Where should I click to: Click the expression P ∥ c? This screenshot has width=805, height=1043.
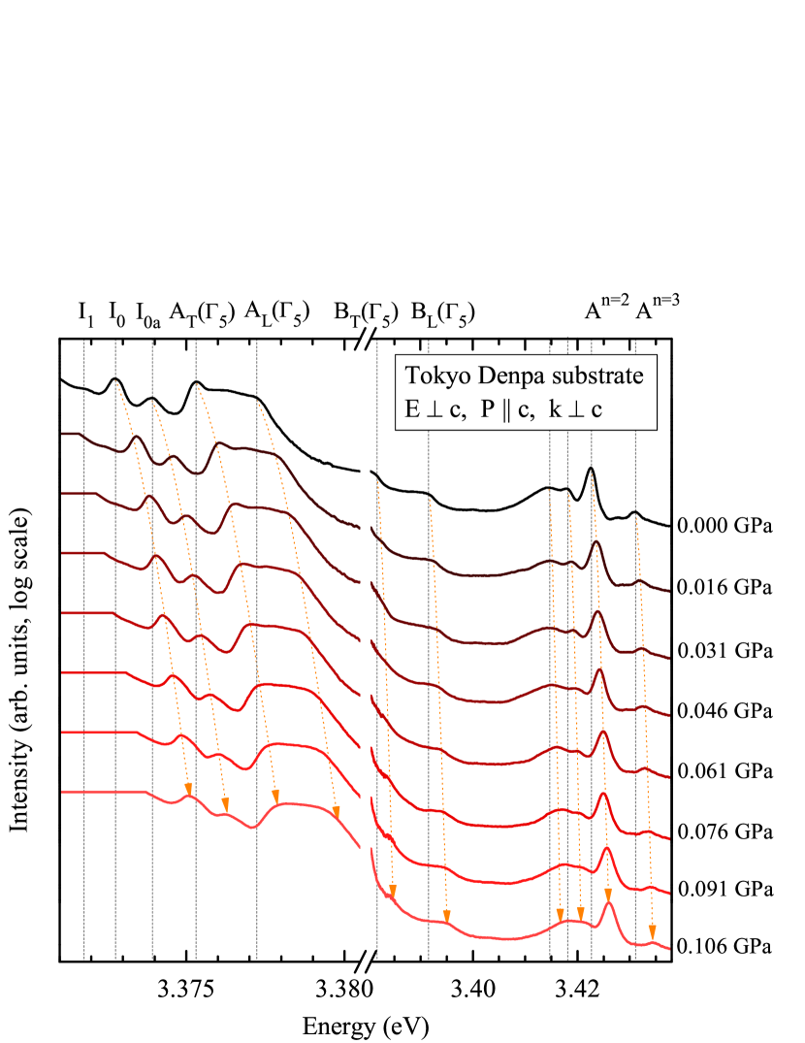[506, 409]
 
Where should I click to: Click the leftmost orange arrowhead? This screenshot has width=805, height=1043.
[188, 788]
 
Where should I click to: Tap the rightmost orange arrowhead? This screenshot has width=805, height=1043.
[652, 929]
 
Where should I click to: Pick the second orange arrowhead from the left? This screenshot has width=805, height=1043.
[225, 804]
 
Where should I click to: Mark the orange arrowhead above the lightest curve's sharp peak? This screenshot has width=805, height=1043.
[608, 894]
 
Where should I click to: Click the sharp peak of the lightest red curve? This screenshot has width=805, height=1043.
[608, 903]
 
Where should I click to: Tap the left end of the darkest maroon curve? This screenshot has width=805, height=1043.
[63, 434]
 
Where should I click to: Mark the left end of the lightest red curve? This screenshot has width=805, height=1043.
[63, 792]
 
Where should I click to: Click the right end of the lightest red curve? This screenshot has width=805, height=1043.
[669, 948]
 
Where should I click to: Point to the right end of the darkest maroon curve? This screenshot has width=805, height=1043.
[669, 590]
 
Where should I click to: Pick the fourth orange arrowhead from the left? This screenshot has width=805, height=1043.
[337, 812]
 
